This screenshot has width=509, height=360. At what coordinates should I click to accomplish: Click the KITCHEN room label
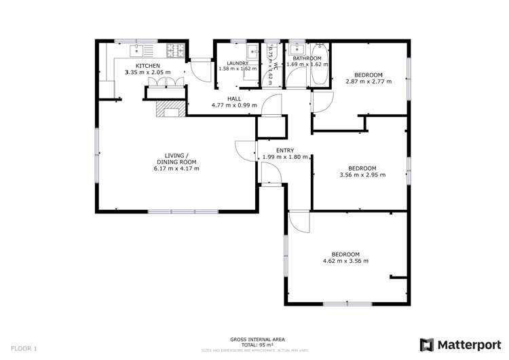click(x=147, y=65)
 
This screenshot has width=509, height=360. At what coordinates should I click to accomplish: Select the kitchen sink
click(x=137, y=49)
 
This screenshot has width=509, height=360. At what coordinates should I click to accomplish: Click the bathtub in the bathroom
click(x=319, y=65)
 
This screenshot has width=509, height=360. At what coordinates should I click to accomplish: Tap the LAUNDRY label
click(x=238, y=62)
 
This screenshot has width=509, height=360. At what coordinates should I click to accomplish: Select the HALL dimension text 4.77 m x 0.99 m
click(x=234, y=105)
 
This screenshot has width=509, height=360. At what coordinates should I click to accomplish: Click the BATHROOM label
click(x=307, y=58)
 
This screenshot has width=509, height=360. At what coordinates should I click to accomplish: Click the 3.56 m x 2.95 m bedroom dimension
click(x=362, y=175)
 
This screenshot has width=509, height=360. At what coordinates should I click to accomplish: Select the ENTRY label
click(x=284, y=151)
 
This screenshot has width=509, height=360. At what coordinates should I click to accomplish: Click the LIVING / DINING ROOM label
click(x=176, y=158)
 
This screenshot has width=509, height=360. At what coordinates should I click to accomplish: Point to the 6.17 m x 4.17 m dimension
click(x=176, y=168)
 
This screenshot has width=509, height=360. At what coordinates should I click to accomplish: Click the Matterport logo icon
click(x=426, y=344)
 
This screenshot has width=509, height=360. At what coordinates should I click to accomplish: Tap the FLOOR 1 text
click(x=24, y=348)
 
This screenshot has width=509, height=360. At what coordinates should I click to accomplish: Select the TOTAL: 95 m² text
click(x=256, y=344)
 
